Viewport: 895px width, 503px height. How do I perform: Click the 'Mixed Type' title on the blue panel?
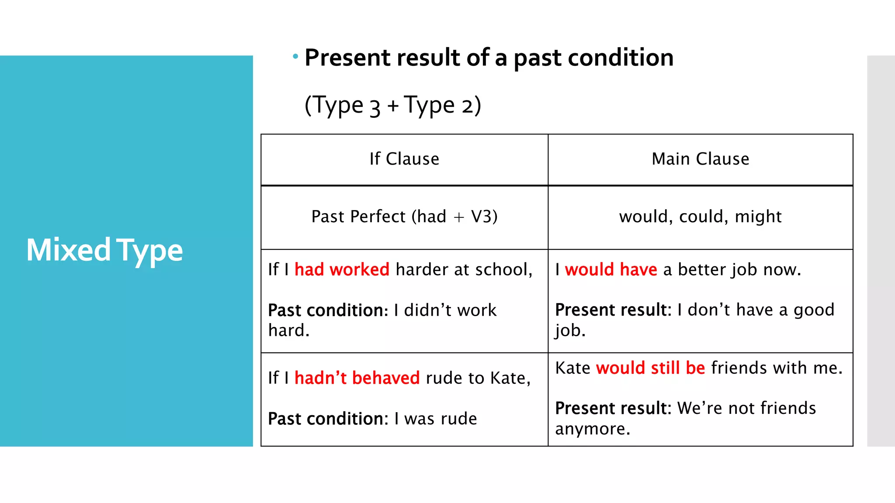pyautogui.click(x=104, y=250)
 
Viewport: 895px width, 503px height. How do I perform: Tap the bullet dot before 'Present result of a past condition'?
pyautogui.click(x=295, y=56)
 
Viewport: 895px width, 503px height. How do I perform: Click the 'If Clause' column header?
pyautogui.click(x=404, y=159)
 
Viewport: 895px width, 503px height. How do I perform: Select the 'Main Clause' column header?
pyautogui.click(x=700, y=159)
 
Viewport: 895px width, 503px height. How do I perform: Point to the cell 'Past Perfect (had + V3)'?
pyautogui.click(x=404, y=217)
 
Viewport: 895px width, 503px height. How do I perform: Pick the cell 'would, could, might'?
pyautogui.click(x=700, y=217)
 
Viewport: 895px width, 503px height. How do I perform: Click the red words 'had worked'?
pyautogui.click(x=342, y=269)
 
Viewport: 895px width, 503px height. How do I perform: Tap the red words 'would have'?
pyautogui.click(x=611, y=269)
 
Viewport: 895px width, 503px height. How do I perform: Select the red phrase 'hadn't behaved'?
pyautogui.click(x=357, y=378)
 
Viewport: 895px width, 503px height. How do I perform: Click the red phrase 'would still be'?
pyautogui.click(x=650, y=368)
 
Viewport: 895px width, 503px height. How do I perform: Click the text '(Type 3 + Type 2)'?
pyautogui.click(x=392, y=105)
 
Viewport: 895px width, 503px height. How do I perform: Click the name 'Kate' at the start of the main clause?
pyautogui.click(x=572, y=368)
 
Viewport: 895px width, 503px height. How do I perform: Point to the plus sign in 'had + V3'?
pyautogui.click(x=458, y=217)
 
